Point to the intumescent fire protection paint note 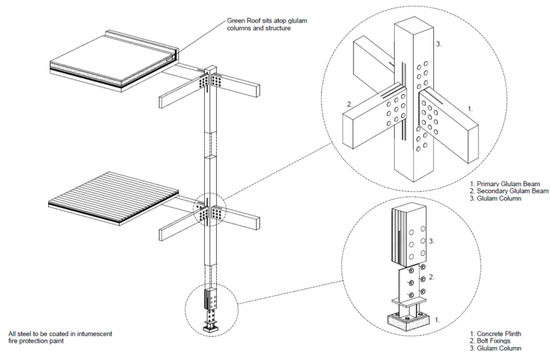(x=61, y=337)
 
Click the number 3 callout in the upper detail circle (x=438, y=44)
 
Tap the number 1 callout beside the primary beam (x=469, y=108)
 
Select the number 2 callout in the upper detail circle (x=349, y=103)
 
